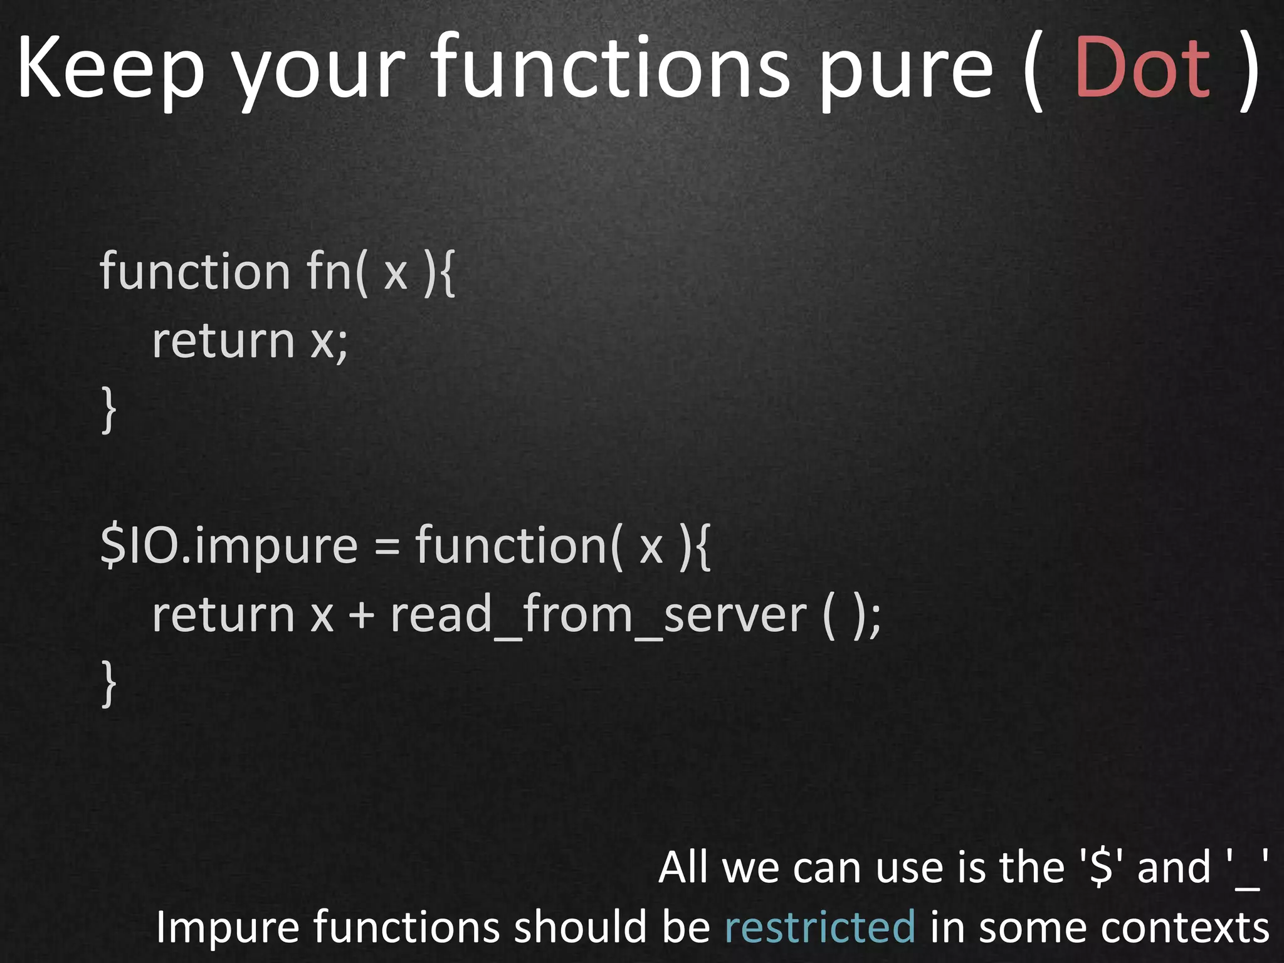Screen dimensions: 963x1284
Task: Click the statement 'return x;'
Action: pos(250,341)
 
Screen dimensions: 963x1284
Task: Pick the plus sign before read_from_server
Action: pos(362,614)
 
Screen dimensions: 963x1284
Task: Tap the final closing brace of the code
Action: pos(109,683)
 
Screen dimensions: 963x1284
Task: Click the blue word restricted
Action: pos(820,927)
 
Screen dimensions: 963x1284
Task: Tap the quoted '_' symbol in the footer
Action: pos(1247,868)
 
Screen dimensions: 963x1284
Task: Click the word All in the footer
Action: pos(685,868)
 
